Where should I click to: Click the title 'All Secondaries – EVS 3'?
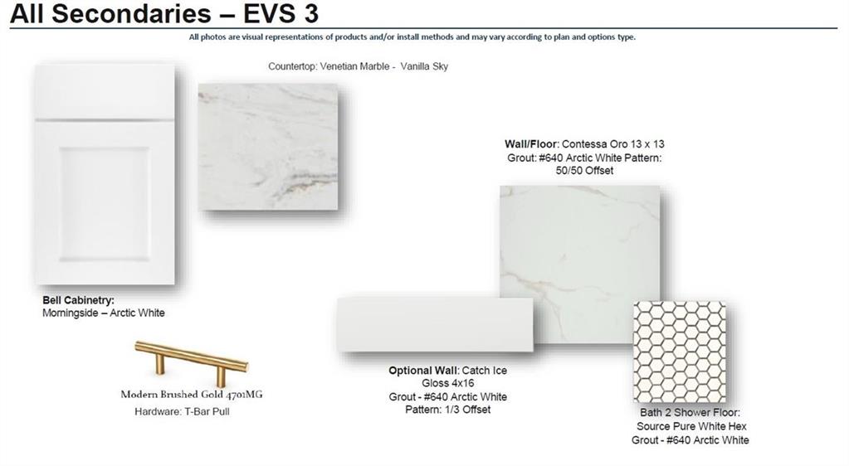(164, 13)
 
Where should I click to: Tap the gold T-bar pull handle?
(192, 357)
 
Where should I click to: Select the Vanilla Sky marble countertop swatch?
(268, 147)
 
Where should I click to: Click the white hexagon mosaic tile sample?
(680, 352)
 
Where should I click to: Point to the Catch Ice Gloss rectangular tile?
(435, 323)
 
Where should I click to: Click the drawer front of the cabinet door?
(105, 91)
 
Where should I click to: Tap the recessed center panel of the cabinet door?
(104, 203)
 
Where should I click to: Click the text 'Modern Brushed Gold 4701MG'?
(192, 395)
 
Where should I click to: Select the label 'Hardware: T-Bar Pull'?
(182, 411)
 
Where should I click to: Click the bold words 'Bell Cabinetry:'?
(79, 300)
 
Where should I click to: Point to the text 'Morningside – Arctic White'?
(104, 313)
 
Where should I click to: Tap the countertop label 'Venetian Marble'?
(354, 66)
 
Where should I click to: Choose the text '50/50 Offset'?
(584, 171)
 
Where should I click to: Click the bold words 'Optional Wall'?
(424, 370)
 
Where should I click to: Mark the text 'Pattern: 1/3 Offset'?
(448, 410)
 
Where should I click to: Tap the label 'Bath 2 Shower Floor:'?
(690, 412)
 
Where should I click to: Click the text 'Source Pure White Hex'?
(691, 426)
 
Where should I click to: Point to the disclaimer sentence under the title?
(412, 37)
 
